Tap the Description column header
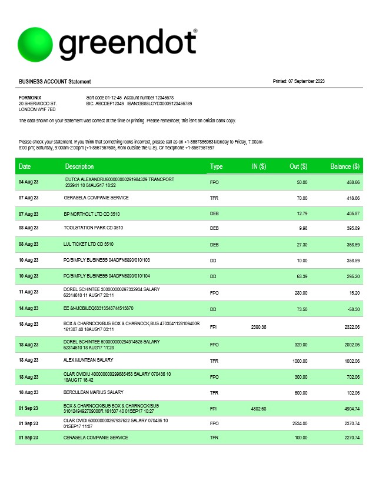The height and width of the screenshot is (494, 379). [x=79, y=166]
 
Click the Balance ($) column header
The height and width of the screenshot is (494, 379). [x=345, y=166]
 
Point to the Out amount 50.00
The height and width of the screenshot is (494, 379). [x=302, y=182]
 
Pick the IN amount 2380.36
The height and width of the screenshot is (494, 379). [x=258, y=327]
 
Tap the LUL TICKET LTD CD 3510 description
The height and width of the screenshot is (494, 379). [x=88, y=243]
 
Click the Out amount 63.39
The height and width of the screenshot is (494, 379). [x=302, y=275]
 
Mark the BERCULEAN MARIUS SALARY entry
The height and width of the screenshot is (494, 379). [x=94, y=392]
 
